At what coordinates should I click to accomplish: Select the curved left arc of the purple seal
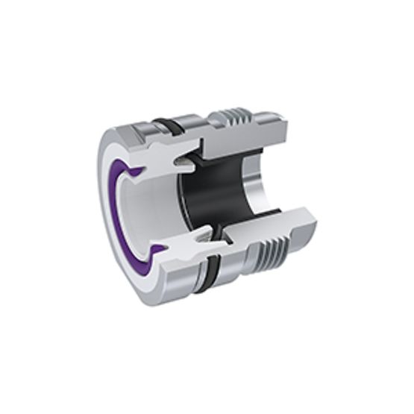tap(113, 213)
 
